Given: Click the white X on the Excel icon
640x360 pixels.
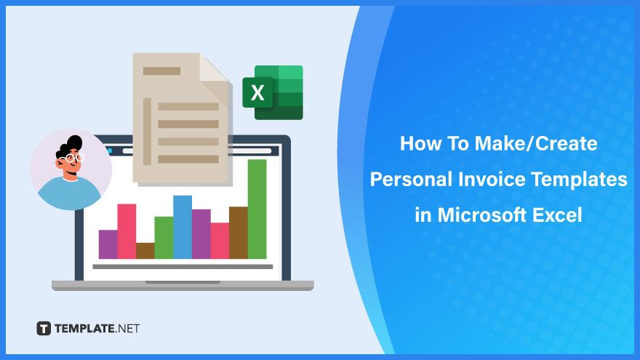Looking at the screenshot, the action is [257, 92].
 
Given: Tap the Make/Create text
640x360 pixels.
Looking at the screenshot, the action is [536, 144].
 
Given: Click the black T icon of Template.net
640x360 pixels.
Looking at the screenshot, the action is [44, 328].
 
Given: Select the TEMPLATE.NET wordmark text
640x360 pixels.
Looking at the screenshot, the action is [97, 329].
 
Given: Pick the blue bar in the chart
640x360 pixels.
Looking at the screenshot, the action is [183, 227].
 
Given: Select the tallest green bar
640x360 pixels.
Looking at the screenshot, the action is [257, 209].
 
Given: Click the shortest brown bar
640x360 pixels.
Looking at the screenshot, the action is [145, 251].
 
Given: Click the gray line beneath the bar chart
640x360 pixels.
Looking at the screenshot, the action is [183, 267].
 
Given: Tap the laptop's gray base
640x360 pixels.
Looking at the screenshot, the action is [183, 285].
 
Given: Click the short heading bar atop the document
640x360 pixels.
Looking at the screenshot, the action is [161, 71].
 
